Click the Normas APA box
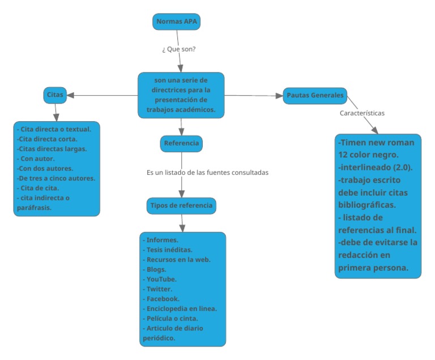[x=177, y=22]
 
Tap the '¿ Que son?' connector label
[x=180, y=49]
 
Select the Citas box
[x=54, y=96]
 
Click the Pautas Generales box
[x=314, y=96]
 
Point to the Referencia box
[x=181, y=144]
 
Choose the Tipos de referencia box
[x=181, y=206]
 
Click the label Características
[x=362, y=113]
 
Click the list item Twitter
[x=159, y=289]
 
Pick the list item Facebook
[x=162, y=298]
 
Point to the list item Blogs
[x=156, y=269]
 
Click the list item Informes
[x=162, y=241]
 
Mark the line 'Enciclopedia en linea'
[x=180, y=308]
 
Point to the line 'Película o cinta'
[x=170, y=318]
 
